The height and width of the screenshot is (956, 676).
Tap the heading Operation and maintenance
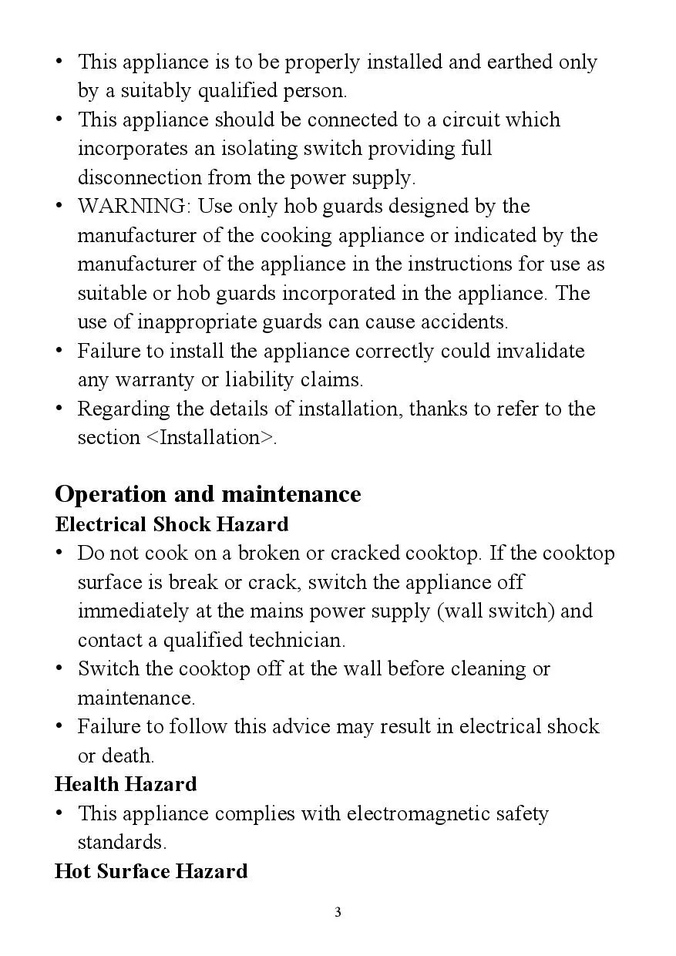208,493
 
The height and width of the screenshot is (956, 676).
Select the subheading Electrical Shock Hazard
172,524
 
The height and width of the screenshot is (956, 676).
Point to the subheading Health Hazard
126,784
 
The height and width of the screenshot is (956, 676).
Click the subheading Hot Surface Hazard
151,871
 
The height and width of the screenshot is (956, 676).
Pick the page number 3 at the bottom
338,913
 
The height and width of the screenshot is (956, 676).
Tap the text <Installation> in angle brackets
210,438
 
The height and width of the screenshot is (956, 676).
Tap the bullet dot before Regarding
59,409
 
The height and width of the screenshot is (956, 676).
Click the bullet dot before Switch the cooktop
59,668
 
